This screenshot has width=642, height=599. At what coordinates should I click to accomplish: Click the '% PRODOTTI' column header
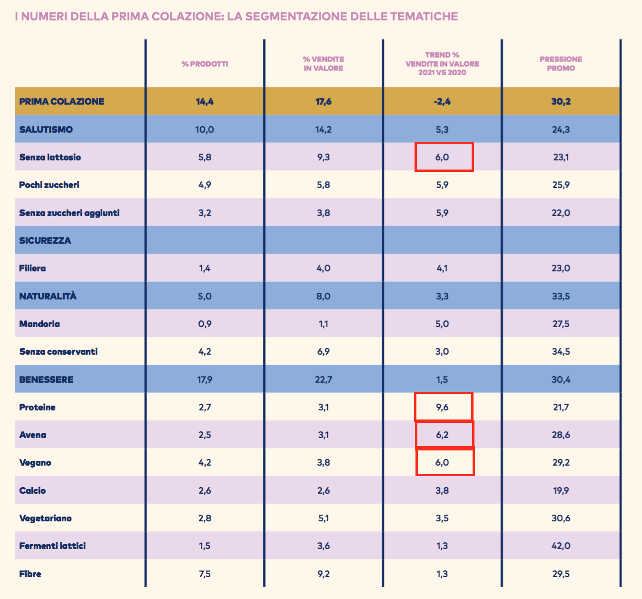click(x=205, y=64)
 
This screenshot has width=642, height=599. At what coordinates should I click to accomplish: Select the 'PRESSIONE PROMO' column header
click(x=561, y=64)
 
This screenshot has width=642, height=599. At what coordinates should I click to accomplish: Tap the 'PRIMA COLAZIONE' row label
click(x=61, y=101)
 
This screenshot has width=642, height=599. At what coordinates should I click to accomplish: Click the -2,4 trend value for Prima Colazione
click(x=442, y=101)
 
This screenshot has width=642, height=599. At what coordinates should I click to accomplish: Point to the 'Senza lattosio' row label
click(x=50, y=157)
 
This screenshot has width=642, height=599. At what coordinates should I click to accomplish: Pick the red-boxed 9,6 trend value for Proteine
click(x=442, y=407)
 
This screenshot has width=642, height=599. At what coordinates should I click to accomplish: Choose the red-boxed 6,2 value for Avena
click(x=442, y=435)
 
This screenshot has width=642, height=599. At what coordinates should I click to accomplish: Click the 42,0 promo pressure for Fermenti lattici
click(x=561, y=546)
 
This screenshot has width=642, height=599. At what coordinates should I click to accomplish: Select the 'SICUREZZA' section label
click(x=45, y=240)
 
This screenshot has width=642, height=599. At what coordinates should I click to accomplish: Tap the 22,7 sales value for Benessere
click(x=323, y=379)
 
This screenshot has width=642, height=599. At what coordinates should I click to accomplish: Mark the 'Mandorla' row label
click(x=40, y=324)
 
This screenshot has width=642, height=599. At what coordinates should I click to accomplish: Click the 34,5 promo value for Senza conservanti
click(x=561, y=351)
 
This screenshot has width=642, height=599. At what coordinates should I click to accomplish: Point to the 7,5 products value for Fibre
click(x=205, y=574)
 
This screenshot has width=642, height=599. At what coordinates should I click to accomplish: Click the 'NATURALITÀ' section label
click(x=48, y=296)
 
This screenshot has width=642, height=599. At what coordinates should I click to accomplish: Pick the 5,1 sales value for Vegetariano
click(x=323, y=518)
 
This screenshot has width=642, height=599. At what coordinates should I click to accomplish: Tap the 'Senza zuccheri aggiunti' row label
click(x=69, y=213)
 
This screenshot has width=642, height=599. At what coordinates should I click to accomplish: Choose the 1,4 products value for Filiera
click(x=205, y=268)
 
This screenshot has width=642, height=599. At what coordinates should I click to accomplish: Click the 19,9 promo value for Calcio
click(x=561, y=490)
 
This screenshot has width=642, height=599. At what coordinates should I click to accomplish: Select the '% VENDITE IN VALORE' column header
click(x=323, y=64)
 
